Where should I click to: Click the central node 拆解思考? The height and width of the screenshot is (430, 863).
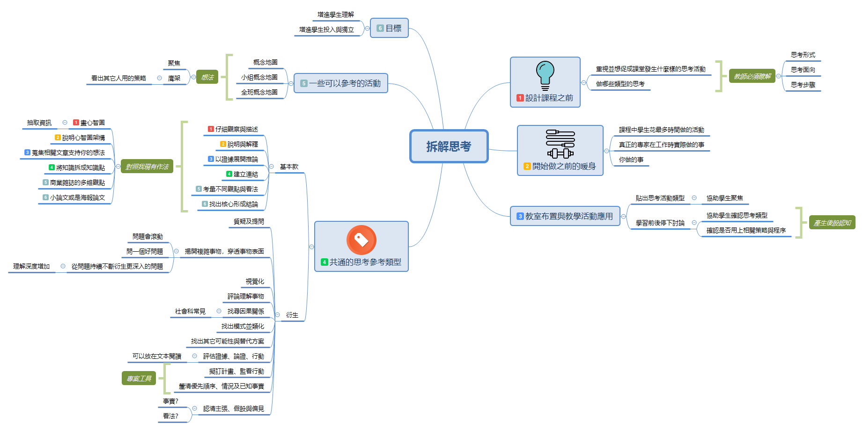pos(449,146)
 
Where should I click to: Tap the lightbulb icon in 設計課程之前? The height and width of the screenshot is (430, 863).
pos(545,75)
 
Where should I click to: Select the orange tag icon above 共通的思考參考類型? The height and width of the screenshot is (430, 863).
pos(361,240)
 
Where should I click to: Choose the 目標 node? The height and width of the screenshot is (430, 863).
pos(389,28)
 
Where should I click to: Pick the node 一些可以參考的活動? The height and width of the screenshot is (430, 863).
pos(340,83)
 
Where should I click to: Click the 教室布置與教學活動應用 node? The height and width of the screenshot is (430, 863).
pos(565,216)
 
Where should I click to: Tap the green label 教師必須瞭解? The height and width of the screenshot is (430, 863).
pos(752,76)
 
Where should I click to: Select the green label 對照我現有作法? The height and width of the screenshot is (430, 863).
pos(147,167)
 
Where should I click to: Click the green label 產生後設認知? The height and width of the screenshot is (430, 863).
pos(832,223)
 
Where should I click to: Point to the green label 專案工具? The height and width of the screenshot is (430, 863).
pos(139,379)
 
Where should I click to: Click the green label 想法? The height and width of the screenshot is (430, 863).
pos(207,77)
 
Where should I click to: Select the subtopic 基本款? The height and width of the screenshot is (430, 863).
pos(289,167)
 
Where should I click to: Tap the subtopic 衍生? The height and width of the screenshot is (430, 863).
pos(292,315)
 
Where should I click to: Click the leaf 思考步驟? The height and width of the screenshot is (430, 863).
pos(803,85)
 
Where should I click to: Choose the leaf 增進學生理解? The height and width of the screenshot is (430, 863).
pos(336,15)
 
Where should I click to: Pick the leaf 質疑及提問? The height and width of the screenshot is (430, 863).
pos(249,222)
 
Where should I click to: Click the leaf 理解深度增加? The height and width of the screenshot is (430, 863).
pos(31,267)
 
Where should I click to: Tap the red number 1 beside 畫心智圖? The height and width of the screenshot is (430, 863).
pos(76,123)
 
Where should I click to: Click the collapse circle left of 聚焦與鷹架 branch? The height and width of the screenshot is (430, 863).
pos(193,77)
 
